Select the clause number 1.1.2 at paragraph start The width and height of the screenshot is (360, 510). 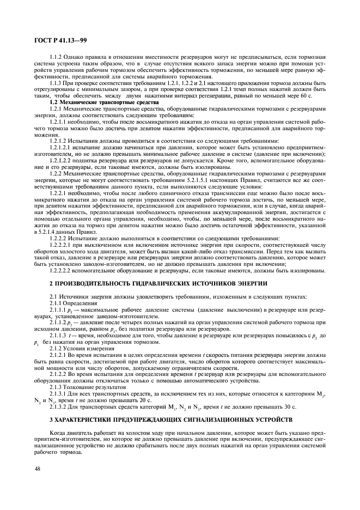pos(56,57)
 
